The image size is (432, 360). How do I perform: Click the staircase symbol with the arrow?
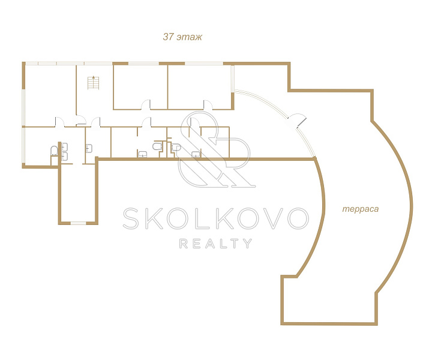pyautogui.click(x=93, y=82)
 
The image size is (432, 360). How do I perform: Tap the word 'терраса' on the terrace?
pyautogui.click(x=361, y=209)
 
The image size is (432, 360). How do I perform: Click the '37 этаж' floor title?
pyautogui.click(x=182, y=37)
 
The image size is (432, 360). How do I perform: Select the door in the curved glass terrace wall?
pyautogui.click(x=297, y=121)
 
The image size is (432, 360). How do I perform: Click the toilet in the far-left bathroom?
pyautogui.click(x=54, y=151)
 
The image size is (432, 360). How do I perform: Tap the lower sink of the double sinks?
pyautogui.click(x=64, y=156)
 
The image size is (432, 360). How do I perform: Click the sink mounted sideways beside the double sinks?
pyautogui.click(x=89, y=148)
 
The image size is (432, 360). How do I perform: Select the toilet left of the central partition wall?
pyautogui.click(x=157, y=146)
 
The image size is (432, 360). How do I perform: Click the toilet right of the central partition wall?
pyautogui.click(x=176, y=147)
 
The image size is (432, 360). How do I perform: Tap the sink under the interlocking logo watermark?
pyautogui.click(x=196, y=154)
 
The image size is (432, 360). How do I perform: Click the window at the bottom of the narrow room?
pyautogui.click(x=79, y=223)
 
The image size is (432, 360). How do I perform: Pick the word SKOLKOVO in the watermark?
pyautogui.click(x=215, y=218)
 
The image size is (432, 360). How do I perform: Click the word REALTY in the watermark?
pyautogui.click(x=215, y=244)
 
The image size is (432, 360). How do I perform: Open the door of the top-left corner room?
pyautogui.click(x=60, y=122)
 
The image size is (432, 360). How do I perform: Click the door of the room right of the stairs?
pyautogui.click(x=146, y=104)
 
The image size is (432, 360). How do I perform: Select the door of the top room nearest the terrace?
pyautogui.click(x=208, y=104)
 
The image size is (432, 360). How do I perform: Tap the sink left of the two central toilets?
pyautogui.click(x=142, y=154)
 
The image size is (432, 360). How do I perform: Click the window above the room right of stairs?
pyautogui.click(x=144, y=64)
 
